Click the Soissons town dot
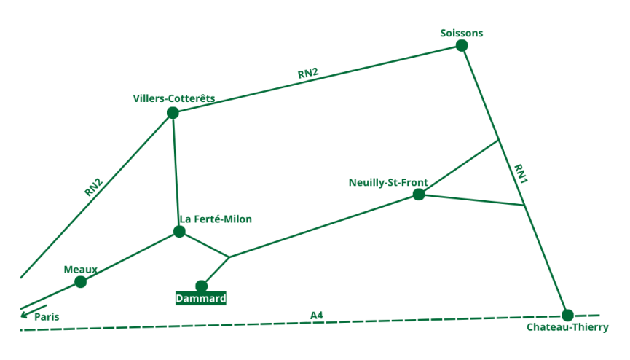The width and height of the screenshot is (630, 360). click(x=462, y=45)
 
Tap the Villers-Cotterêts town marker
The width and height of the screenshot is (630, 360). click(x=173, y=112)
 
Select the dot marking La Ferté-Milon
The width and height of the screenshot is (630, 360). click(x=179, y=232)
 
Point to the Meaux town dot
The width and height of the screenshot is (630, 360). click(x=80, y=282)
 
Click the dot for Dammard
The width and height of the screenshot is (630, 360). click(x=202, y=286)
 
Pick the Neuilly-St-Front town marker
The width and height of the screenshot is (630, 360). click(x=419, y=195)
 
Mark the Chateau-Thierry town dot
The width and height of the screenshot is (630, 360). click(x=567, y=315)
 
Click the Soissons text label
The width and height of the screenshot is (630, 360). click(x=462, y=33)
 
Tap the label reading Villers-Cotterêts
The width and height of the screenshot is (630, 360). click(x=174, y=98)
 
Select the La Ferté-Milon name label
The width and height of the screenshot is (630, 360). click(x=216, y=219)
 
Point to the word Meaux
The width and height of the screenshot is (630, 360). click(x=80, y=269)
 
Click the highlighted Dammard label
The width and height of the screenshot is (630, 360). click(x=201, y=298)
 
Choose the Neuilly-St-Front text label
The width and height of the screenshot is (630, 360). click(x=388, y=182)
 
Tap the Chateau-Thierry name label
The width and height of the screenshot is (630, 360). click(x=567, y=327)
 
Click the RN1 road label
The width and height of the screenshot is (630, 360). click(x=520, y=175)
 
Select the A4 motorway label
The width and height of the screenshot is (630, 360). click(x=316, y=315)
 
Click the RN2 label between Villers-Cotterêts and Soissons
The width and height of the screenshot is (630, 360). click(x=308, y=73)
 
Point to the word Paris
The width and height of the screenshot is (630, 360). click(x=47, y=317)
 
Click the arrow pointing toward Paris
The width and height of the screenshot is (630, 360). click(x=33, y=311)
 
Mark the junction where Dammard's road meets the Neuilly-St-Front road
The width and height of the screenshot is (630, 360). click(x=229, y=257)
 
